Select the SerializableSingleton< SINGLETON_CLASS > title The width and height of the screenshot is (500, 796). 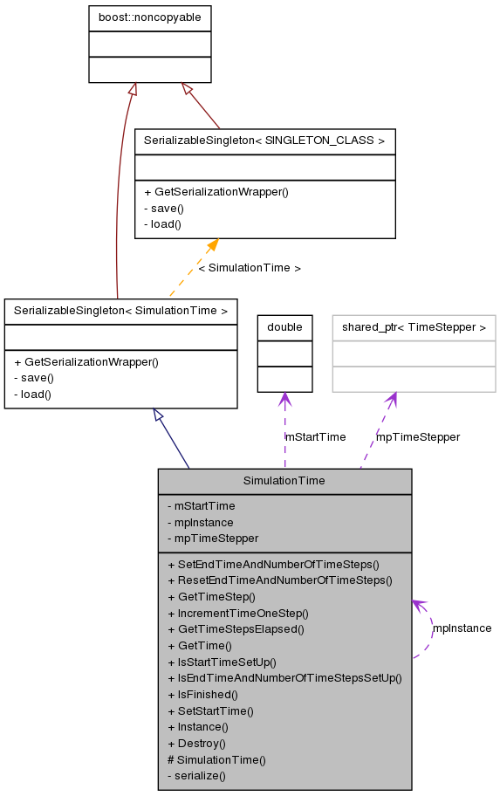[x=264, y=141]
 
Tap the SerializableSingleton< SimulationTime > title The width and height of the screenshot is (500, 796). [x=120, y=310]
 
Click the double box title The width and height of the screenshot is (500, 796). [x=284, y=327]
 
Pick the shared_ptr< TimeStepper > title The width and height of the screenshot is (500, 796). [x=414, y=327]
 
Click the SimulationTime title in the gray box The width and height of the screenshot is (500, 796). [x=284, y=480]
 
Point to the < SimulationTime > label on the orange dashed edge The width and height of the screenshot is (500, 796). [x=250, y=268]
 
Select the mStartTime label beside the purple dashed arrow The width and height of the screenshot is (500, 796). [x=315, y=436]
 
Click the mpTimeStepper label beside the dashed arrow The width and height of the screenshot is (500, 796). [x=417, y=436]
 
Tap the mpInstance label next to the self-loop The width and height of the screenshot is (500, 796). [x=462, y=628]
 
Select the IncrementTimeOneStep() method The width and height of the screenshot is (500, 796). [x=243, y=613]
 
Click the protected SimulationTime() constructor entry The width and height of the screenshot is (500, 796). [x=216, y=759]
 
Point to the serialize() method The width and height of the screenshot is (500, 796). [x=200, y=775]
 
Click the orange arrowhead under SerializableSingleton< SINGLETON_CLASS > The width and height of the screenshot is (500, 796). [x=212, y=246]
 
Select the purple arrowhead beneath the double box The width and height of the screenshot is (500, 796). [x=284, y=400]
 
